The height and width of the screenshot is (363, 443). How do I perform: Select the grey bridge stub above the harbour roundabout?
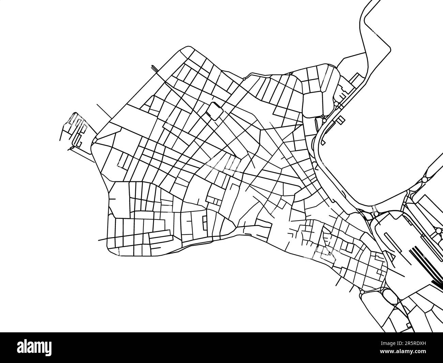(x=375, y=208)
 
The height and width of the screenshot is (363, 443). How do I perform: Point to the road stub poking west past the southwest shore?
(x=102, y=239)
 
